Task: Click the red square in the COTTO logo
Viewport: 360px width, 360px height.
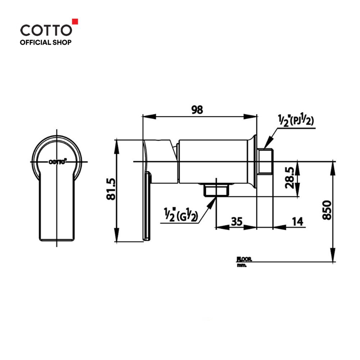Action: click(x=75, y=21)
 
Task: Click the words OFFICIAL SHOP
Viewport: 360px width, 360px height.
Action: click(x=46, y=42)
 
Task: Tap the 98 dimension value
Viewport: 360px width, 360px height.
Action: click(x=197, y=110)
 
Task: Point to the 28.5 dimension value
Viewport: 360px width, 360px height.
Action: click(x=289, y=178)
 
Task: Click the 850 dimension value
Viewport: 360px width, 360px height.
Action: click(x=327, y=210)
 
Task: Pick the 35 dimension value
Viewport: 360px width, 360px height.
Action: click(x=237, y=221)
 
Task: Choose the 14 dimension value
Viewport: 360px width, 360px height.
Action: click(x=298, y=221)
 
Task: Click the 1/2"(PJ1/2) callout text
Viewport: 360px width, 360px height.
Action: click(x=296, y=121)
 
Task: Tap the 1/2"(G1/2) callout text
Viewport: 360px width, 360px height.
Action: click(x=181, y=215)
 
